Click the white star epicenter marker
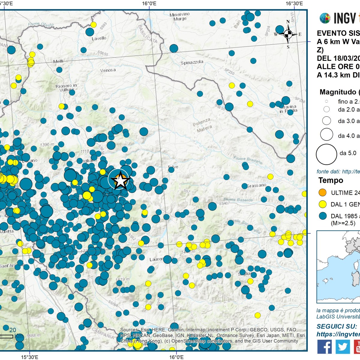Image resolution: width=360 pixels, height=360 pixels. (x=120, y=180)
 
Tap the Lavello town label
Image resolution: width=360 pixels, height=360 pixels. (x=99, y=38)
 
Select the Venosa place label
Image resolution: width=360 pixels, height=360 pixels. (x=108, y=70)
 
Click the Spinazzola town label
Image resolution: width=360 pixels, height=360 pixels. (x=192, y=63)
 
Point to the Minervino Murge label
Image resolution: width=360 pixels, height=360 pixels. (x=180, y=16)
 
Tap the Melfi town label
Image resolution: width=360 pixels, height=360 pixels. (x=58, y=61)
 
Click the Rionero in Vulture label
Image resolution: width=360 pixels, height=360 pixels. (x=66, y=88)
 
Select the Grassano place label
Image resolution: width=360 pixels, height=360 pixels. (x=256, y=186)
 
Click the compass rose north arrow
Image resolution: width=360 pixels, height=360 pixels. (x=288, y=34)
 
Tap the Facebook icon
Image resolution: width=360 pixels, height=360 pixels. (x=324, y=347)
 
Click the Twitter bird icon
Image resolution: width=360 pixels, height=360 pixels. (x=342, y=347)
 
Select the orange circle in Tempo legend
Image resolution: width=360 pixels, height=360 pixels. (x=322, y=193)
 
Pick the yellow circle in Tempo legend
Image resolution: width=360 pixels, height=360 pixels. (x=322, y=204)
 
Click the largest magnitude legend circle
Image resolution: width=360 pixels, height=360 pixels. (x=326, y=154)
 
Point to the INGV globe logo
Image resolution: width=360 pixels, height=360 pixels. (x=325, y=18)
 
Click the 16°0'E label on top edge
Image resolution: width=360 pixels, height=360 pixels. (x=149, y=4)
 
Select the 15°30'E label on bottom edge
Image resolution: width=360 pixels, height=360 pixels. (x=29, y=357)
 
